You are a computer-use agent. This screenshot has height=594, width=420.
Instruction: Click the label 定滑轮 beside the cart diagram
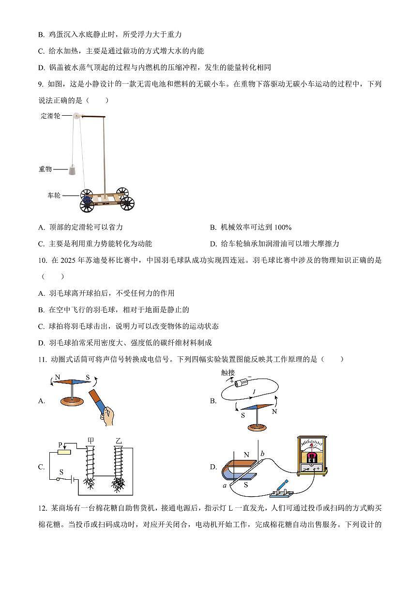tap(50, 117)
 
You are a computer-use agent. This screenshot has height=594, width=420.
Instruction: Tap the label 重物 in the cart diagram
tap(45, 169)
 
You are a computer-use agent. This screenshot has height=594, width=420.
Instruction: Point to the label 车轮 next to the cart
tap(54, 195)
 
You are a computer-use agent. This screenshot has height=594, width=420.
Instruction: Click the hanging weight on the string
tap(72, 169)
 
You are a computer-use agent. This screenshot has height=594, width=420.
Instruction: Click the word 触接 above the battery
tap(228, 372)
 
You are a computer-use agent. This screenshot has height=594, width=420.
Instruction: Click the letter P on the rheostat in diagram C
tap(60, 444)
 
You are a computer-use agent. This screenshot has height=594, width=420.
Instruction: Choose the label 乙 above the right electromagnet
tap(119, 441)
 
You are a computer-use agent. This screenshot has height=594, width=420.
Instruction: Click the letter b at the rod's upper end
tap(262, 453)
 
